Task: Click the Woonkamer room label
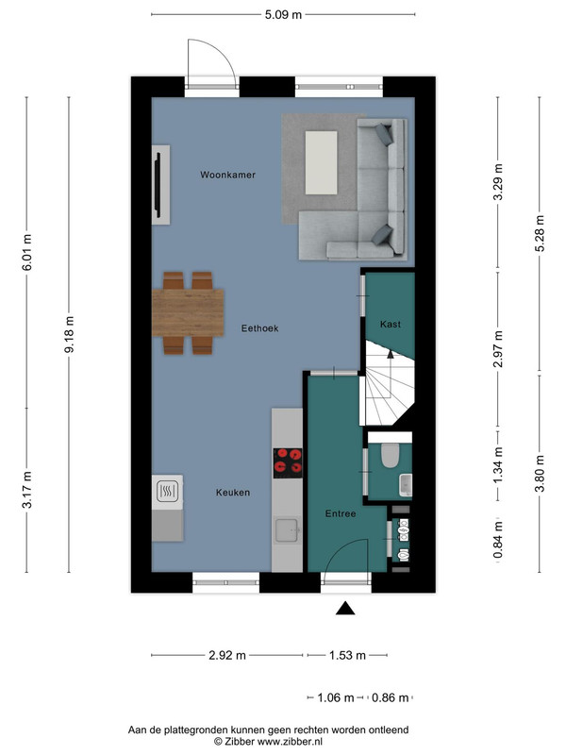tap(227, 175)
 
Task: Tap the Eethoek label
tap(260, 328)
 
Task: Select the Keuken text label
tap(233, 493)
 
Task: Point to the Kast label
tap(391, 324)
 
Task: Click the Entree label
tap(341, 513)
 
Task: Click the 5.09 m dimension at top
tap(284, 15)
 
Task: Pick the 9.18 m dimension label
tap(69, 334)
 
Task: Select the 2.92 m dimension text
tap(227, 655)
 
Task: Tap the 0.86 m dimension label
tap(390, 697)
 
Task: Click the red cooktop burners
tap(288, 463)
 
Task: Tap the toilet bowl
tap(390, 456)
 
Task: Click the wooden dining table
tap(188, 312)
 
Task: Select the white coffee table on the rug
tap(321, 163)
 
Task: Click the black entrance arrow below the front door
tap(345, 609)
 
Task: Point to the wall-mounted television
tap(157, 181)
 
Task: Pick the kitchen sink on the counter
tap(288, 530)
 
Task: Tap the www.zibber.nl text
tap(290, 742)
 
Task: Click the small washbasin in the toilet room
tap(407, 485)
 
